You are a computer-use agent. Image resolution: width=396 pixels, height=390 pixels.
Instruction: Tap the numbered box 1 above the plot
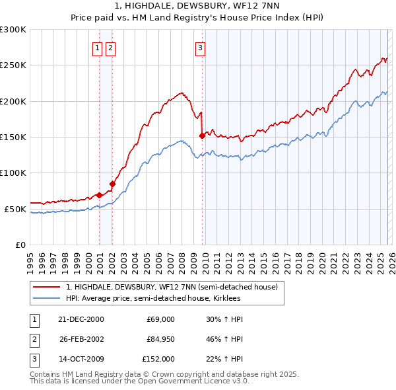97,47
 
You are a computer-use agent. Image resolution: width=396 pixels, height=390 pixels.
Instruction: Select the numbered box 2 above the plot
110,47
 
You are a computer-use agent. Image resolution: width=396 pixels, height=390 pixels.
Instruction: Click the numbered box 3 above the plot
199,47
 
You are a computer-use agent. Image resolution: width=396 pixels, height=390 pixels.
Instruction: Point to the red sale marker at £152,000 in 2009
201,136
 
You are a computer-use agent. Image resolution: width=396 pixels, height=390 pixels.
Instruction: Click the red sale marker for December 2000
99,195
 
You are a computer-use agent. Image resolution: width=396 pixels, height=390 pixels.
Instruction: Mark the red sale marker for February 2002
112,184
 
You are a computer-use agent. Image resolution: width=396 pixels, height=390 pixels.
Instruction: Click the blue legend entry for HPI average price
153,299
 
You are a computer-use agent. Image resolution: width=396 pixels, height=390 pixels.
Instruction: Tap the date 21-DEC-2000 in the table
81,319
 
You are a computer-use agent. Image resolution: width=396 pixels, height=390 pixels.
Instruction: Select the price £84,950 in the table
160,339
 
